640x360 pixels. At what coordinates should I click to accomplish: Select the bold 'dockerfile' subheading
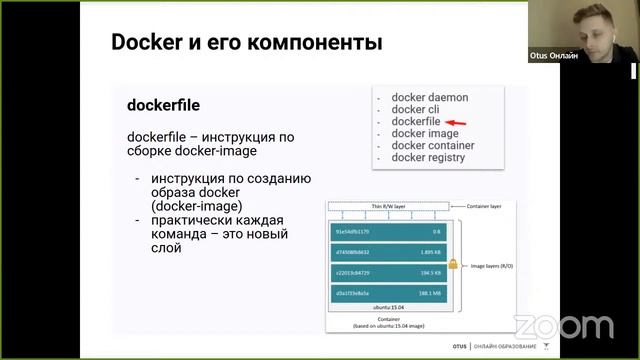point(165,105)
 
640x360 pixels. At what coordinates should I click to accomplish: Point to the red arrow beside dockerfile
point(456,122)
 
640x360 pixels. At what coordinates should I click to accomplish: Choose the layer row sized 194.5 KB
point(389,271)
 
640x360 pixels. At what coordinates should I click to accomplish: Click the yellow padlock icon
point(453,266)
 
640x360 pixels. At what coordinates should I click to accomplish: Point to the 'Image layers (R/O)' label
point(493,266)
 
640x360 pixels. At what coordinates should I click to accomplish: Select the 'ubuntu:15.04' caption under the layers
point(388,306)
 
